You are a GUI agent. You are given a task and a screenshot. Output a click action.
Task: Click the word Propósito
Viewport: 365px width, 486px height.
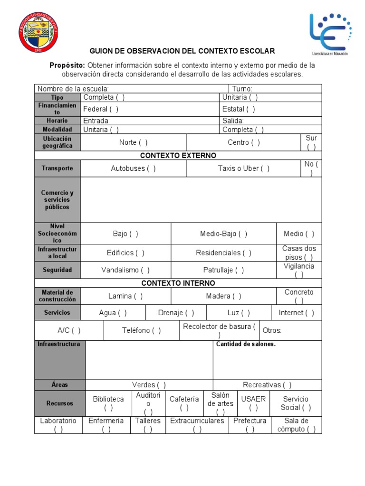point(67,65)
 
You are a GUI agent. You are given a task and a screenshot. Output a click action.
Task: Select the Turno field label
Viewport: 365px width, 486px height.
point(242,89)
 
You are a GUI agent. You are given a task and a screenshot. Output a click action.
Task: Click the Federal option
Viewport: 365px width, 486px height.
point(101,109)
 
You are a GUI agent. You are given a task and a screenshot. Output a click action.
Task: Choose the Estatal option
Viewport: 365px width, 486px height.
point(239,109)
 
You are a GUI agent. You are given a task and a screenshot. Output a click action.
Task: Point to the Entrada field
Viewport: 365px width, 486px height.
point(97,121)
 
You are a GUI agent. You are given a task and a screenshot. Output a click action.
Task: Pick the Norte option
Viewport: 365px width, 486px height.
point(133,142)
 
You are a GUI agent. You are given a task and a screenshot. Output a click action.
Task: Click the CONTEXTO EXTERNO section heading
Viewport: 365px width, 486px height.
point(178,156)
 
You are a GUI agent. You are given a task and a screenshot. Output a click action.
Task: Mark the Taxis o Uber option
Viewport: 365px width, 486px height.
point(244,168)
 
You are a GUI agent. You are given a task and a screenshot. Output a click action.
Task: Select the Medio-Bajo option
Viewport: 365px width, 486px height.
point(223,234)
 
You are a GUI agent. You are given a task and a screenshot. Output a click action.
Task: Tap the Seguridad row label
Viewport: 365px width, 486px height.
point(58,270)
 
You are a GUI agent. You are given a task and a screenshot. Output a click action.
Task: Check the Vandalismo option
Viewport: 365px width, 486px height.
point(125,270)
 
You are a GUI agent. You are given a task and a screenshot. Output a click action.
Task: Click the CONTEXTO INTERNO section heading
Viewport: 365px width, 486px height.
point(178,283)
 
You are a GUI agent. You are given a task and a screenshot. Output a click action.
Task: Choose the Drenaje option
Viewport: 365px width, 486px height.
point(176,313)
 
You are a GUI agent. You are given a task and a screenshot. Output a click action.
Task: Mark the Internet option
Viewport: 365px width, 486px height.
point(297,313)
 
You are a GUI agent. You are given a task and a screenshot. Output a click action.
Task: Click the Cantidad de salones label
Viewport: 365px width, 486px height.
point(246,344)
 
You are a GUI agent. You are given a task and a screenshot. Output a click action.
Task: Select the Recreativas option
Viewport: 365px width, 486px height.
point(267,385)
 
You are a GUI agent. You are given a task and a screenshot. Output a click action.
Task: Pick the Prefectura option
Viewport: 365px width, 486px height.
point(250,425)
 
